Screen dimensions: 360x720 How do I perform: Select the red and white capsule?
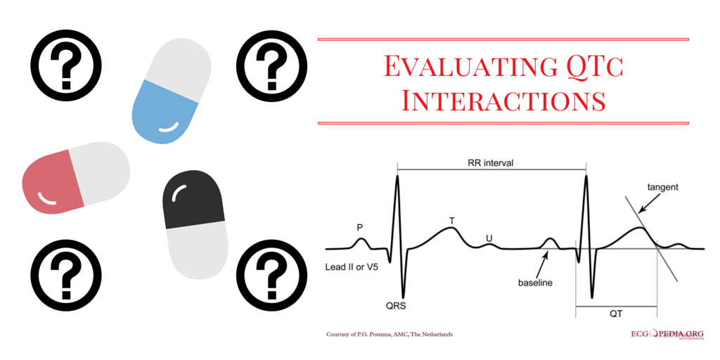point(76,177)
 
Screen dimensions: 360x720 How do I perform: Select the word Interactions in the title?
point(503,100)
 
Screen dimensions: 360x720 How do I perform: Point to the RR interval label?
point(490,163)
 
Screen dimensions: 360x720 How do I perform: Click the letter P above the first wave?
point(360,227)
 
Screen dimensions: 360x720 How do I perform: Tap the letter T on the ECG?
point(452,221)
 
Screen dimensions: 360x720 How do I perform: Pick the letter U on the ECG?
point(489,238)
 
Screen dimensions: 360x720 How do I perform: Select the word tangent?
point(662,187)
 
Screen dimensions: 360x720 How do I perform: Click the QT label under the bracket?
point(615,316)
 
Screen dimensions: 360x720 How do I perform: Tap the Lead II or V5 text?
point(355,268)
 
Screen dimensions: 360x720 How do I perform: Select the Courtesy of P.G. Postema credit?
point(389,334)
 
